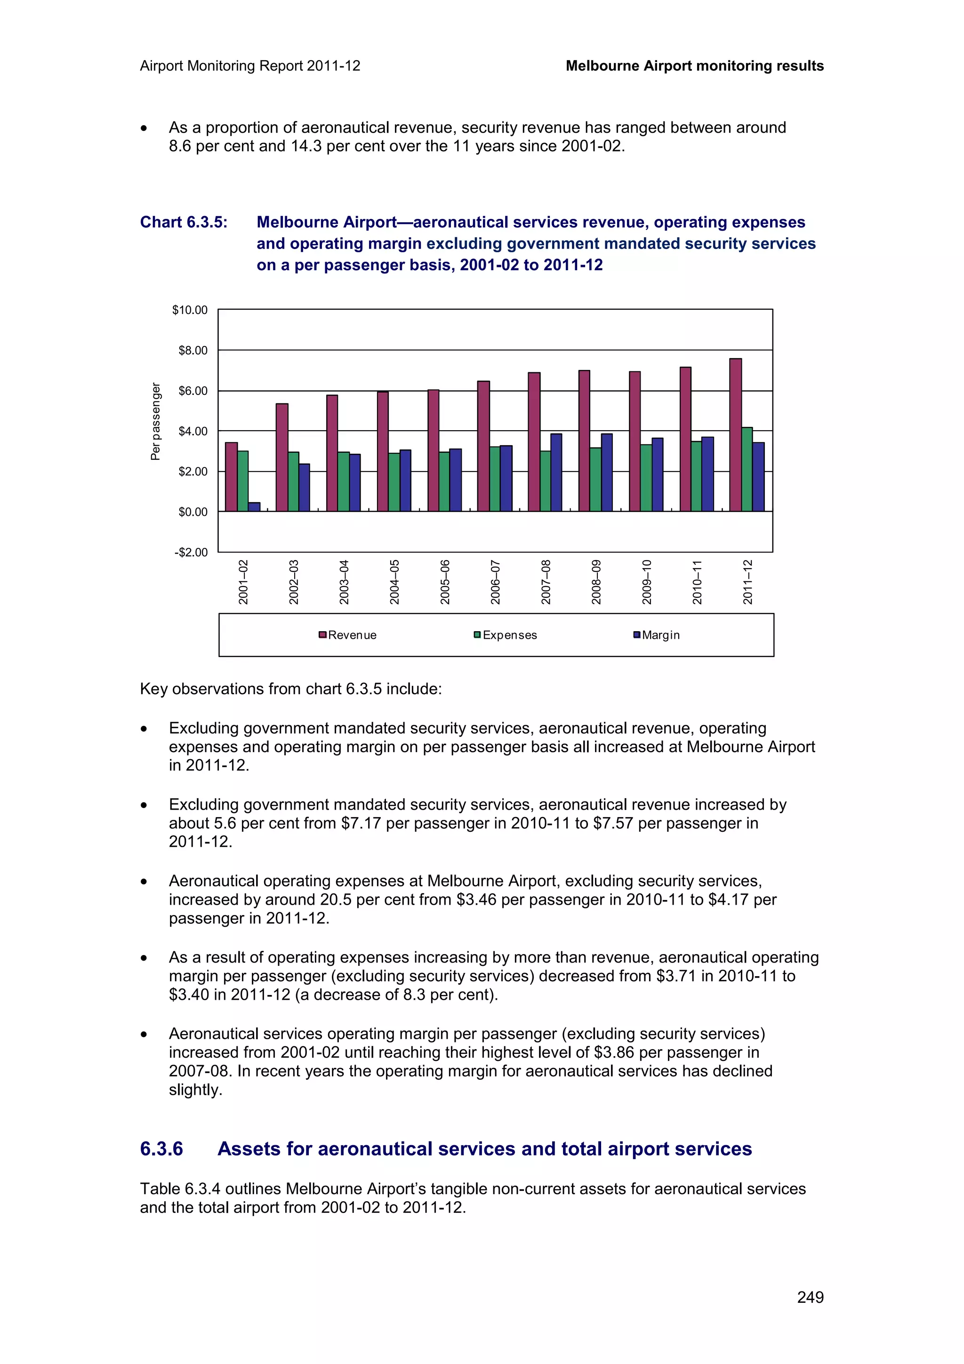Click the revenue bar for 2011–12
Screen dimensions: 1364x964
click(x=735, y=435)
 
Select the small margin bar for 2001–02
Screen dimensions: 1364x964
click(x=254, y=507)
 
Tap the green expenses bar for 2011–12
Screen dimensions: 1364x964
click(x=747, y=469)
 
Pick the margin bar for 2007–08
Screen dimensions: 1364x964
click(x=556, y=472)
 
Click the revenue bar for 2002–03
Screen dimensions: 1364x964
click(x=282, y=457)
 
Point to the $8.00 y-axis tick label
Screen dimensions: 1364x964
click(x=193, y=351)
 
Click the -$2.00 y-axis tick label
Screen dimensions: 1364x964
click(x=191, y=553)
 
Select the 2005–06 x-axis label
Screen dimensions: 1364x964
click(x=445, y=582)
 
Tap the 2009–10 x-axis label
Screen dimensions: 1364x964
click(x=647, y=582)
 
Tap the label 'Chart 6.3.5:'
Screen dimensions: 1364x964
click(x=184, y=222)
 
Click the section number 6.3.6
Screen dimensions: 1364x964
click(x=161, y=1149)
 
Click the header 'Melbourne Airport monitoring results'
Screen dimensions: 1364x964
click(x=694, y=66)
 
